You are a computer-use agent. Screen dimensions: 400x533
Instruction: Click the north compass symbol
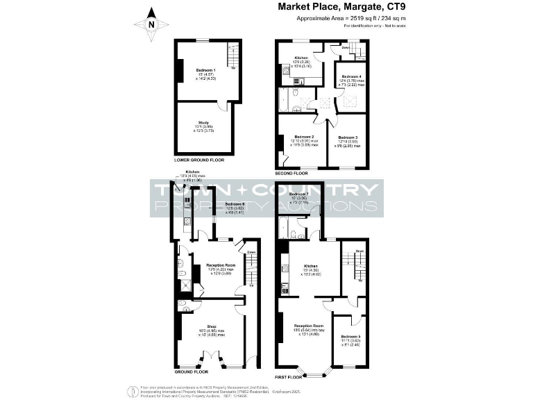(154, 24)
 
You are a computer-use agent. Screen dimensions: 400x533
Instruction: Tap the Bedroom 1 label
(205, 70)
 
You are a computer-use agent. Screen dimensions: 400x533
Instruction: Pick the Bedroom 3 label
(347, 137)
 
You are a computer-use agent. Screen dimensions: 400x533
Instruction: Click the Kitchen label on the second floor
(301, 58)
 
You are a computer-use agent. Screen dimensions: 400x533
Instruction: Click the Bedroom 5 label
(350, 336)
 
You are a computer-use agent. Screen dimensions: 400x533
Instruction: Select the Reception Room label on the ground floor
(221, 265)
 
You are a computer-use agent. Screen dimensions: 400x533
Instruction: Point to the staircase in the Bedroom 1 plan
(234, 53)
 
